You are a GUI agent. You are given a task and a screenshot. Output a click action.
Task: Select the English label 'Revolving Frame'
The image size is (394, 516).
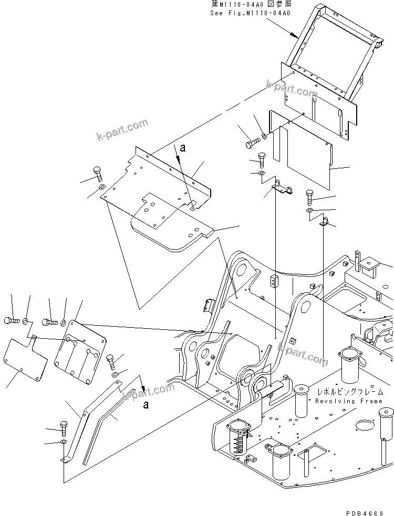[x=349, y=401]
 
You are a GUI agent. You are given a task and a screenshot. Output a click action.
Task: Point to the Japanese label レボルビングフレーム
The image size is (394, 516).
[x=349, y=392]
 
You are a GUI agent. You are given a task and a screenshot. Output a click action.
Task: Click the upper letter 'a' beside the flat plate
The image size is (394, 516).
[x=182, y=148]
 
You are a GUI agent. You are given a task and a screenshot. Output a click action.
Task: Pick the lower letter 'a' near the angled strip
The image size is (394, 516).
[x=146, y=404]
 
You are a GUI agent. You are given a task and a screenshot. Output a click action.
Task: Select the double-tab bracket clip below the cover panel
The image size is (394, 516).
[x=283, y=187]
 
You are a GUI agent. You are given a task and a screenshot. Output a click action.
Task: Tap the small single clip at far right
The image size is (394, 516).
[x=325, y=223]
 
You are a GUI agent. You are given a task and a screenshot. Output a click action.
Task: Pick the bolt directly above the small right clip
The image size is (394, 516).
[x=309, y=198]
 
